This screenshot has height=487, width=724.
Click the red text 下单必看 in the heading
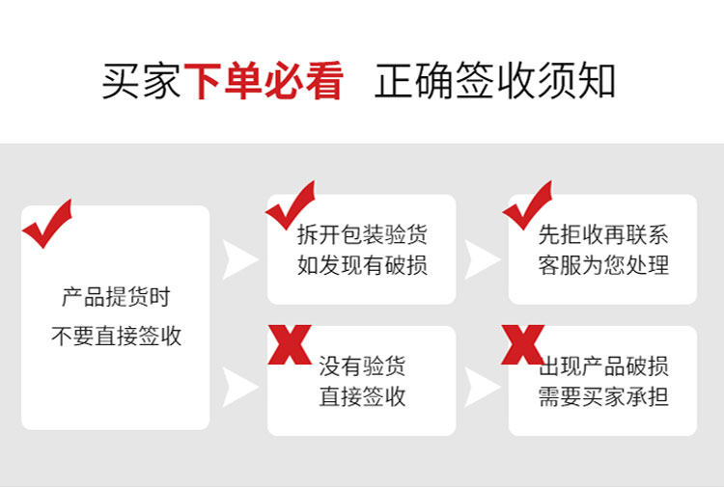coord(263,82)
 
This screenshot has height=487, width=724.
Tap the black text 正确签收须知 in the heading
coord(494,82)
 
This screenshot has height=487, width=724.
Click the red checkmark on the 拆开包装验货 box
coord(291,204)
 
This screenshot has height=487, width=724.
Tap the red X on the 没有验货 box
coord(289,344)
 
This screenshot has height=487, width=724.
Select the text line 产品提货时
coord(115,298)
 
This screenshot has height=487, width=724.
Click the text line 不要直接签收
coord(115,337)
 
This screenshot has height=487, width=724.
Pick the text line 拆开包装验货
coord(362,234)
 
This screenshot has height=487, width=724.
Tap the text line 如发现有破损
coord(362,265)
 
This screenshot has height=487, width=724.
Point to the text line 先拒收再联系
coord(603,234)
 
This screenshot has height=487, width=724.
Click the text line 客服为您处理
coord(603,265)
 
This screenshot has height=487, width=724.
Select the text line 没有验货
coord(362,365)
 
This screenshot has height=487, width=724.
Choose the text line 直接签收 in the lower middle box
coord(362,396)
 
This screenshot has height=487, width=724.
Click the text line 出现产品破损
coord(603,365)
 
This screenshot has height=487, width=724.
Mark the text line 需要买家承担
coord(603,396)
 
